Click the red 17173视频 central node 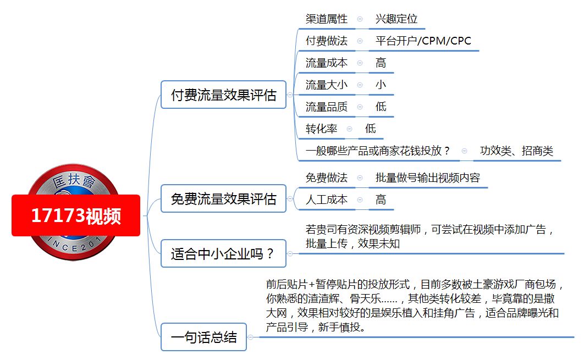(76, 215)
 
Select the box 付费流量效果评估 (223, 95)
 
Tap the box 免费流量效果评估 (223, 198)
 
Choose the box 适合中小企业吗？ (223, 253)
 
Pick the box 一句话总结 (203, 337)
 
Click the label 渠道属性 (326, 19)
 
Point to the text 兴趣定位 (396, 19)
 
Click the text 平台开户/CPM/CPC (423, 41)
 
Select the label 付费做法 (326, 41)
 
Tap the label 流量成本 (326, 63)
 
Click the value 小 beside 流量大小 (381, 85)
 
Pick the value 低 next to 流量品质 (381, 107)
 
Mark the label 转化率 (321, 129)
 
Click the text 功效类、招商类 (516, 151)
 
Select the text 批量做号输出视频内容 (428, 178)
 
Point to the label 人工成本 (326, 200)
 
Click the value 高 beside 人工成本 (381, 200)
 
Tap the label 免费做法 (326, 178)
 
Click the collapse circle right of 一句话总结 (251, 337)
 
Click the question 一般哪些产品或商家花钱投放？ (378, 151)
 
